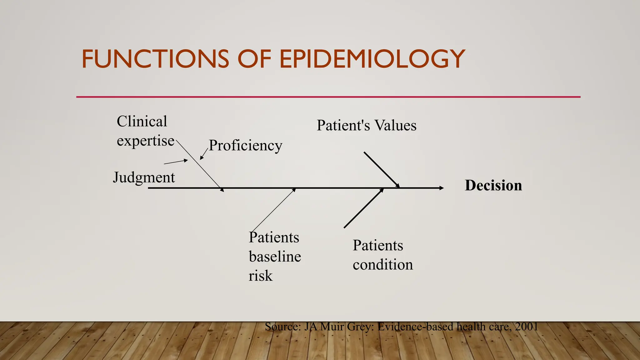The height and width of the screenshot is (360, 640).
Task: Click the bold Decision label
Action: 493,185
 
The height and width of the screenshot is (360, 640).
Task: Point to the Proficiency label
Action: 245,145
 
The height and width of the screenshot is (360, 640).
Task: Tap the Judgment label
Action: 144,177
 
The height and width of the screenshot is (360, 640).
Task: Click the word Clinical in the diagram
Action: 142,121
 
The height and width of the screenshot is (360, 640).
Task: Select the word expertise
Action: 145,141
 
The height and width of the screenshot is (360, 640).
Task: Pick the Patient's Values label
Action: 366,126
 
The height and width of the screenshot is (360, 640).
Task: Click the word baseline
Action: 275,257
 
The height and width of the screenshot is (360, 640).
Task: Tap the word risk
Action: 260,276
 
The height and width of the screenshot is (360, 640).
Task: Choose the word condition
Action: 382,265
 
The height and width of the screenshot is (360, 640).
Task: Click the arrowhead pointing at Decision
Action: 441,188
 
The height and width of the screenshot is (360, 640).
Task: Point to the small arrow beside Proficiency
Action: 204,154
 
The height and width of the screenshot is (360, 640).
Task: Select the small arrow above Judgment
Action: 176,162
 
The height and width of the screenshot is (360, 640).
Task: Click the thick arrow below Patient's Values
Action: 381,170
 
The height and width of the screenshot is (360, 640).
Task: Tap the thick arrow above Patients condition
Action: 363,208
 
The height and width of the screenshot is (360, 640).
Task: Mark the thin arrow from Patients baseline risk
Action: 273,210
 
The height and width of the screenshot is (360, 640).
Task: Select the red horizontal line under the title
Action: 328,97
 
